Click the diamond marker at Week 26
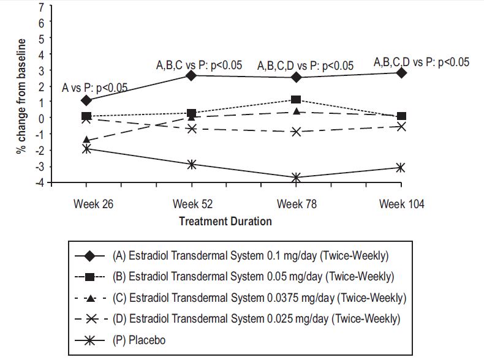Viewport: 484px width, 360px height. coord(86,100)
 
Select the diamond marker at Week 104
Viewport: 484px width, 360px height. coord(401,73)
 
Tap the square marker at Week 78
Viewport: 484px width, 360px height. coord(296,99)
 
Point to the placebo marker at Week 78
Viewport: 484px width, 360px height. coord(297,178)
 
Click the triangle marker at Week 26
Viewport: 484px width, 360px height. coord(86,140)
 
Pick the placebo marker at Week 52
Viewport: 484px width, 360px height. coord(192,164)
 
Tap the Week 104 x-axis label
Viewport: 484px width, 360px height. coord(401,204)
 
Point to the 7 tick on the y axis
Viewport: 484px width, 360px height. coord(42,6)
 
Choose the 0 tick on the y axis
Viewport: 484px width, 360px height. coord(42,118)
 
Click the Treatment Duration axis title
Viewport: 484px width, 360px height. coord(225,222)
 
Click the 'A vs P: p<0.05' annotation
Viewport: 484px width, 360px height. coord(95,88)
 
